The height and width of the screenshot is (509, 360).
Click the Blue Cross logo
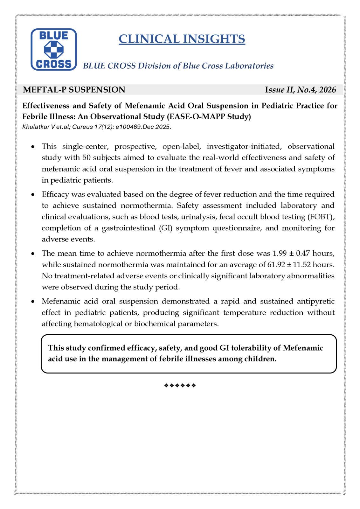pyautogui.click(x=53, y=49)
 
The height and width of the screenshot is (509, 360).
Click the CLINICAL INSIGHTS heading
pyautogui.click(x=182, y=39)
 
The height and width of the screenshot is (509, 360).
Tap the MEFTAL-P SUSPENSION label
pyautogui.click(x=74, y=90)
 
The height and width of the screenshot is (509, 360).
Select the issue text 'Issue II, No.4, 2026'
pyautogui.click(x=300, y=90)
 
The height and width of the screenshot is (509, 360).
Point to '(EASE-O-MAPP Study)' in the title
pyautogui.click(x=209, y=116)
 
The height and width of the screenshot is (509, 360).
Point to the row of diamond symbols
pyautogui.click(x=180, y=386)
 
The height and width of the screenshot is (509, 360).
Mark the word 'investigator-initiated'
pyautogui.click(x=244, y=146)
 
